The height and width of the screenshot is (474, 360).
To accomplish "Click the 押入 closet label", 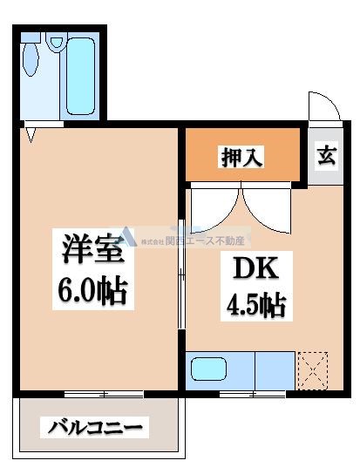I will pos(241,159).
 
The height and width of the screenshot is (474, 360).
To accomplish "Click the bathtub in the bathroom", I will pos(83,76).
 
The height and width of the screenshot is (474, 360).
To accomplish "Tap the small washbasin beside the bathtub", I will pos(56,40).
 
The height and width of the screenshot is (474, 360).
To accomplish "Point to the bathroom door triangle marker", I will pos(31,135).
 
